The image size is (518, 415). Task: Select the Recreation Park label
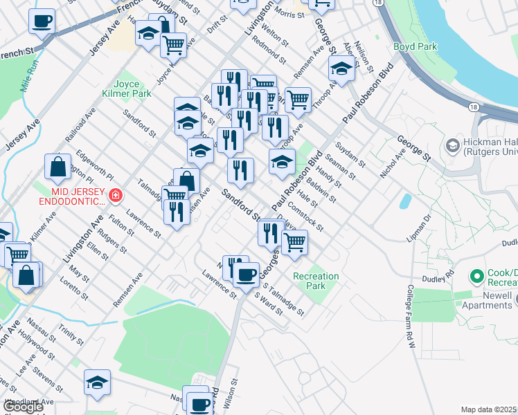coord(316,281)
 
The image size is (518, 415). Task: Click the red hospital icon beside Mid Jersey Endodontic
coord(114,196)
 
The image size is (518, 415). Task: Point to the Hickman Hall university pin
coord(453,145)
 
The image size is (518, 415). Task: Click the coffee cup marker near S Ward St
coord(246,275)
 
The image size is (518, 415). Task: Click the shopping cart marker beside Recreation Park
coord(294,243)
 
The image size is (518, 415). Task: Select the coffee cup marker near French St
coord(42,21)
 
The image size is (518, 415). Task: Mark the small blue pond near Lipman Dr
coord(404,201)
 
